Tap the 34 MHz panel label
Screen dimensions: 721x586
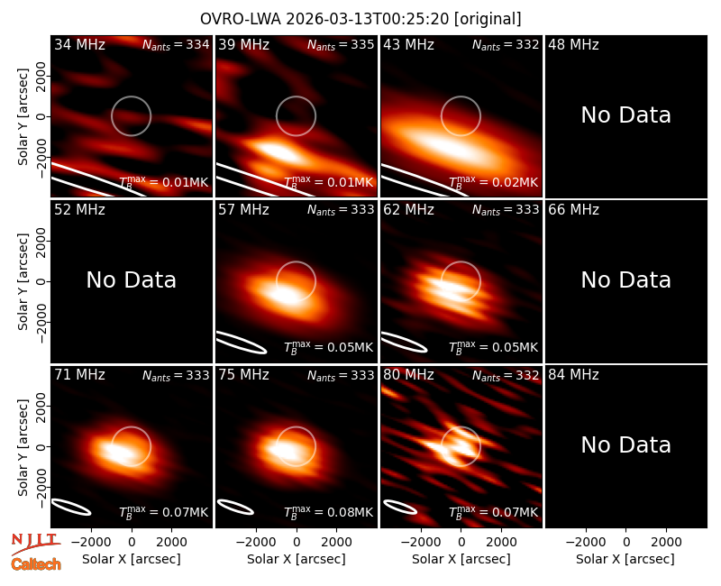coord(79,44)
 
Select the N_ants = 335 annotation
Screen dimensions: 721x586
coord(341,44)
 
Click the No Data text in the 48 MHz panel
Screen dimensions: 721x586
coord(625,114)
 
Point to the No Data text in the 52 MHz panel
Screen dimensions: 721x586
coord(131,279)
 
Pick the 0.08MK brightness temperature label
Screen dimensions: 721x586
coord(328,511)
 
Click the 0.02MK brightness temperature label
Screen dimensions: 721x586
coord(493,182)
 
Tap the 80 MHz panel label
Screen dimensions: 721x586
coord(408,375)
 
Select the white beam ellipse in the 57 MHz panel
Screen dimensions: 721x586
coord(242,343)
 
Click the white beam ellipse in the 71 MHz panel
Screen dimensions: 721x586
coord(71,507)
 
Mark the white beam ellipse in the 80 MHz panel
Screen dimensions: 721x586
coord(400,507)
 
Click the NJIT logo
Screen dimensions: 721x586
coord(36,543)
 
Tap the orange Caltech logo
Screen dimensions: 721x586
coord(36,564)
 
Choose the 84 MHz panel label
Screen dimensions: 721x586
coord(573,375)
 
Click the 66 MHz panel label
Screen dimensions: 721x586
coord(573,210)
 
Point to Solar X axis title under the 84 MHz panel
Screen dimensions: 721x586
coord(625,559)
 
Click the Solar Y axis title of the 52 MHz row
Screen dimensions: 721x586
coord(23,281)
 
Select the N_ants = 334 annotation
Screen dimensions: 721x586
coord(176,44)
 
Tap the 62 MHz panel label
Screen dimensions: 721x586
coord(408,210)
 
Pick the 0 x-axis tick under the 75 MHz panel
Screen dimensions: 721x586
coord(297,542)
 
